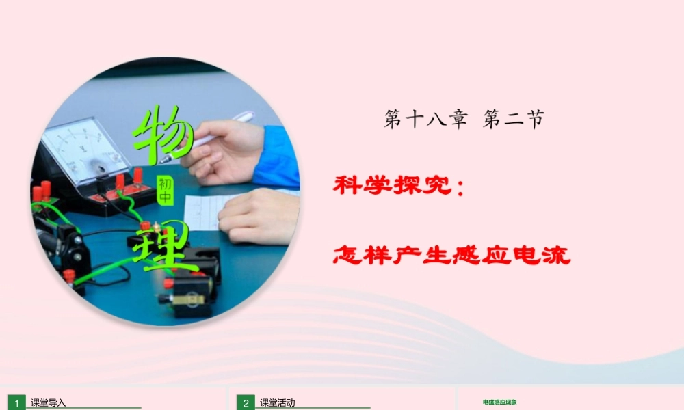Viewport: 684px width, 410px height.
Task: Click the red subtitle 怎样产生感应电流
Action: [x=451, y=256]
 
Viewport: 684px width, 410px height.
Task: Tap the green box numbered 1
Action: [x=17, y=403]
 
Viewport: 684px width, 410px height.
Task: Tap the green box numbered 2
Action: [x=246, y=403]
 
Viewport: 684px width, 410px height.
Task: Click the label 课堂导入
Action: [x=48, y=403]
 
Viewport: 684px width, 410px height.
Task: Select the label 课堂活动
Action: [x=277, y=403]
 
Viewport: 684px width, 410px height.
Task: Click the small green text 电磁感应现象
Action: [x=499, y=403]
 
